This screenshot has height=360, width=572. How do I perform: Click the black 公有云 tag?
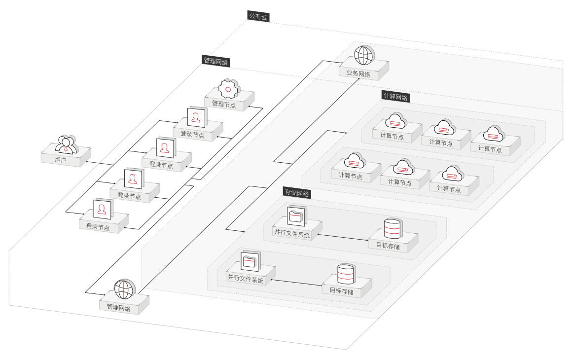pyautogui.click(x=258, y=16)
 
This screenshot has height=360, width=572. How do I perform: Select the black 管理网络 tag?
pyautogui.click(x=215, y=61)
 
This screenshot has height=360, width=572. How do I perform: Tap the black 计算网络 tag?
pyautogui.click(x=396, y=97)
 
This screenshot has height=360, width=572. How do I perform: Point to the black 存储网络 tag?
pyautogui.click(x=297, y=193)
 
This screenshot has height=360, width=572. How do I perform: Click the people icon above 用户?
pyautogui.click(x=67, y=145)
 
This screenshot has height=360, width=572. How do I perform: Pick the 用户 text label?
pyautogui.click(x=61, y=159)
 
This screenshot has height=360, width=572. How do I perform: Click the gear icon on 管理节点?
pyautogui.click(x=229, y=89)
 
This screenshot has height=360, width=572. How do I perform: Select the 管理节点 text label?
pyautogui.click(x=224, y=105)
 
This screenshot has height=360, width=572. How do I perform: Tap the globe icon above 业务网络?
pyautogui.click(x=364, y=55)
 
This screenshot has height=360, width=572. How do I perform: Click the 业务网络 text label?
pyautogui.click(x=358, y=73)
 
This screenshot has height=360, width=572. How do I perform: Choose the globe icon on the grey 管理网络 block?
pyautogui.click(x=124, y=289)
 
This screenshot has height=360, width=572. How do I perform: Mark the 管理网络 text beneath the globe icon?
pyautogui.click(x=118, y=307)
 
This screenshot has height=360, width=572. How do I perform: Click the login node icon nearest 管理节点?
pyautogui.click(x=197, y=117)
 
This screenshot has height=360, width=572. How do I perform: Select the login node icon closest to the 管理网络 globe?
pyautogui.click(x=103, y=210)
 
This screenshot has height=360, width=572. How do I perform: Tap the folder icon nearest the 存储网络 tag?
pyautogui.click(x=297, y=216)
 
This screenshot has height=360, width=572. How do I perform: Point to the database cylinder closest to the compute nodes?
pyautogui.click(x=393, y=228)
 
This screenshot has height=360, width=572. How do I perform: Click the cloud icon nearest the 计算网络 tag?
pyautogui.click(x=396, y=121)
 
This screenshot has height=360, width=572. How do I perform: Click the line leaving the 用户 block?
pyautogui.click(x=99, y=163)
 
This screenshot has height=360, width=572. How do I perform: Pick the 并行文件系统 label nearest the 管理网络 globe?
pyautogui.click(x=246, y=280)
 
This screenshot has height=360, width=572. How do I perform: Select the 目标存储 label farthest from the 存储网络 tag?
pyautogui.click(x=341, y=291)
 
